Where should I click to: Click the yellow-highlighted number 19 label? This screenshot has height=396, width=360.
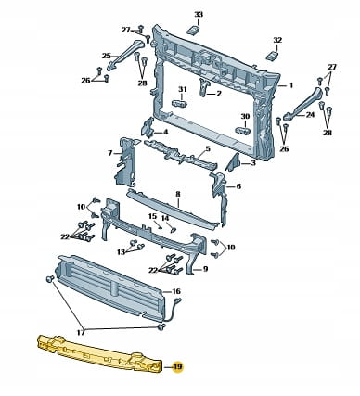point(178,367)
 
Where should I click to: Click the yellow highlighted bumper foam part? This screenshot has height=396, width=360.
point(99,352)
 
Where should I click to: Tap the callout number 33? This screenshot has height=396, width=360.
point(199,14)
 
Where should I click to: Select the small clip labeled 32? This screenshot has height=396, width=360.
point(273,56)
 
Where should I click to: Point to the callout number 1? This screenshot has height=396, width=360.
point(291,84)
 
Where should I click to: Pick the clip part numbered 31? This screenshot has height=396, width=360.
point(180,103)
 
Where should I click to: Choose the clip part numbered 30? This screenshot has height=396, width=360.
point(243,130)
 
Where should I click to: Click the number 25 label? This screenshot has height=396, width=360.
point(107,56)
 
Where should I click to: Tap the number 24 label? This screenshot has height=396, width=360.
point(310,115)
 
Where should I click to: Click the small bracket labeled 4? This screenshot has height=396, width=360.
point(148,127)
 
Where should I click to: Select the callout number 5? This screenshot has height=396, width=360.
point(208,148)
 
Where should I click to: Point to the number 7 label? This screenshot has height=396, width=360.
point(110,153)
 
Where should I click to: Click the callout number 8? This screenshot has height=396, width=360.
point(178,194)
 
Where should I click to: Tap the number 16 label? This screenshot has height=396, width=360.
point(176,291)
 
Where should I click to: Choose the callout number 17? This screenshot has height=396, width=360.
point(81,332)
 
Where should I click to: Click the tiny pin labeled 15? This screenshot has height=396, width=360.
point(160,227)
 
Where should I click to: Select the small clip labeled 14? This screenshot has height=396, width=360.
point(174,230)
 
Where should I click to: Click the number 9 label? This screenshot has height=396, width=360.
point(205,269)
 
